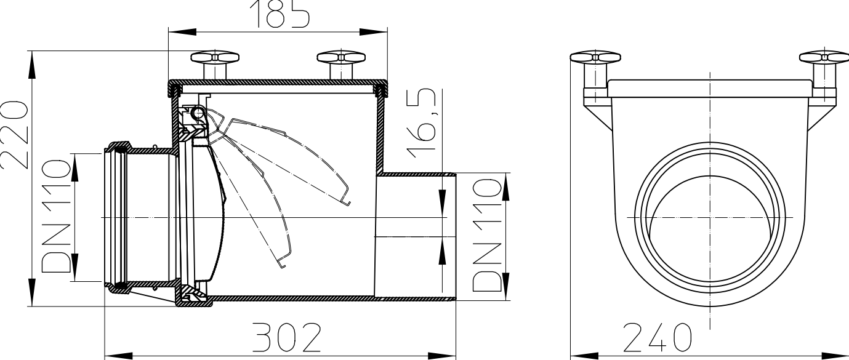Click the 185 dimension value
(x=280, y=14)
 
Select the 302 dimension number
(x=287, y=338)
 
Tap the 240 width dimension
(x=657, y=338)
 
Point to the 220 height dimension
(x=14, y=135)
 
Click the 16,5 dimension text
(x=420, y=123)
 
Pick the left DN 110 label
(x=56, y=216)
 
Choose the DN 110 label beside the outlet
(x=488, y=235)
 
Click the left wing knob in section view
(x=214, y=65)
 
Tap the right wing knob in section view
(x=341, y=65)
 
